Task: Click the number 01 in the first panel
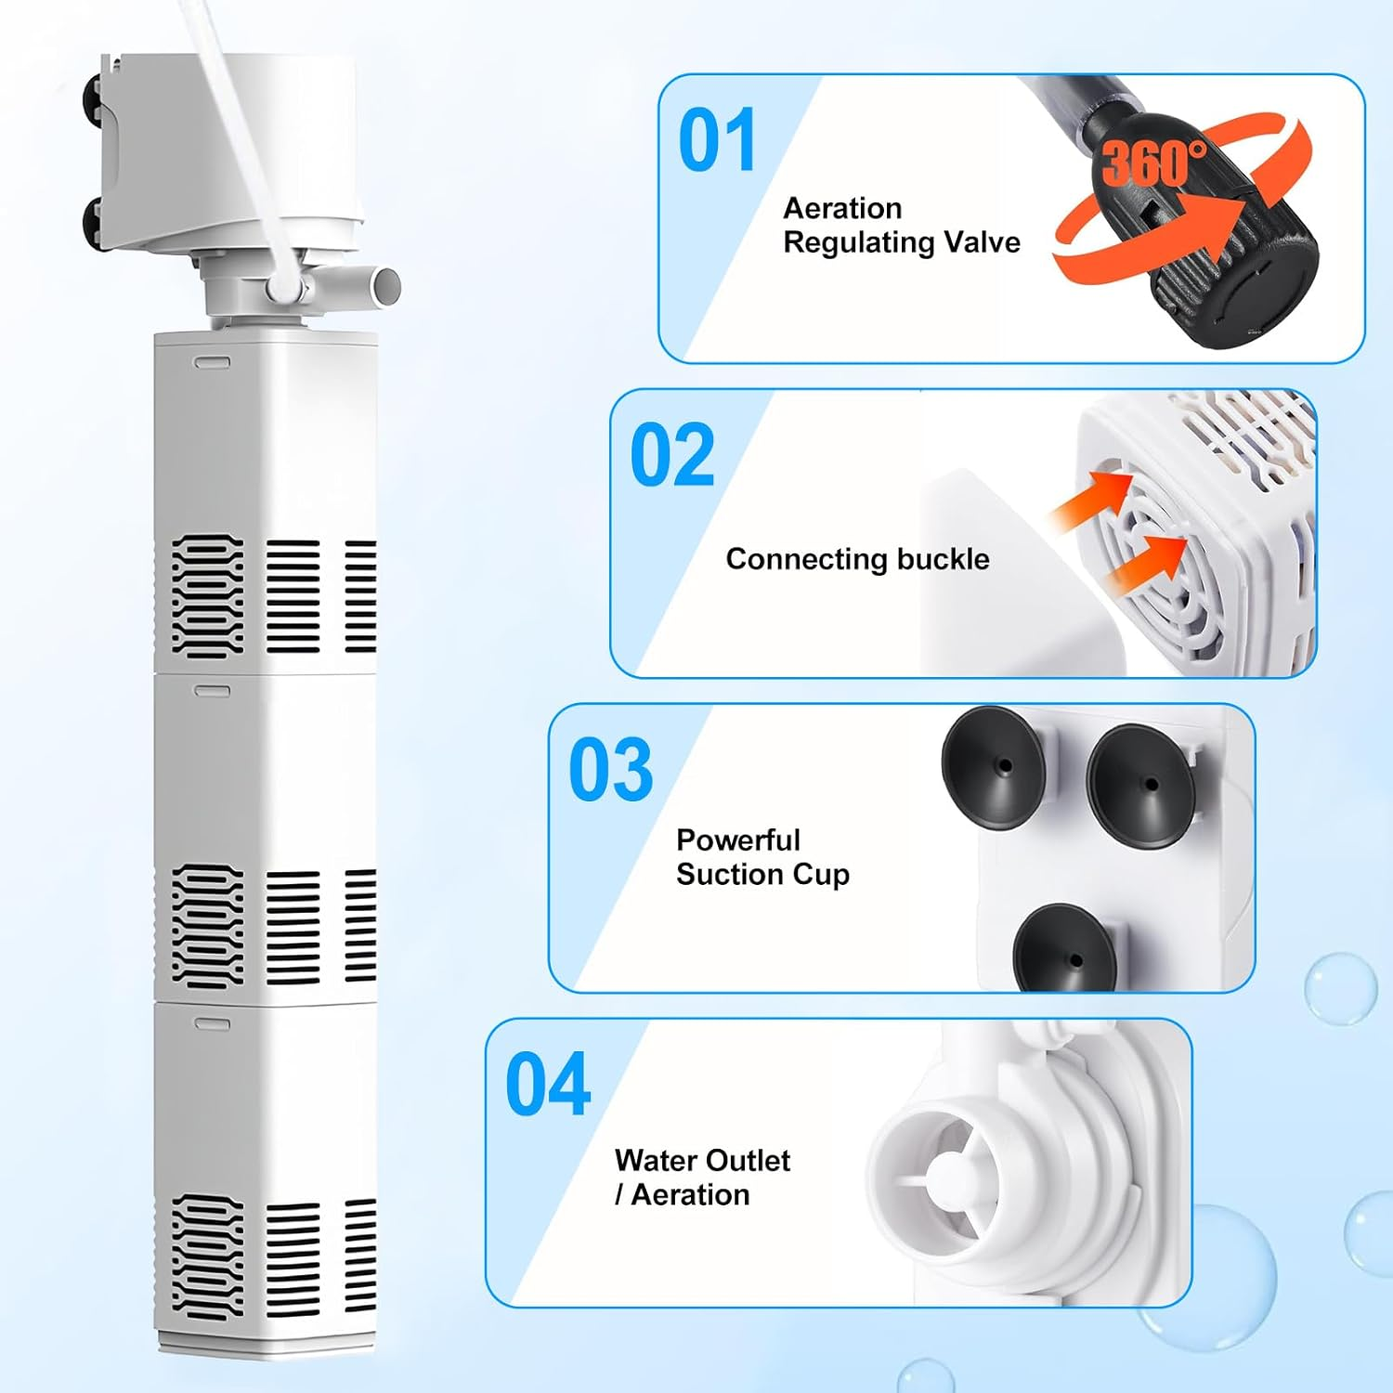(717, 140)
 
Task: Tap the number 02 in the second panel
(672, 455)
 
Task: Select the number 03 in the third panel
(611, 770)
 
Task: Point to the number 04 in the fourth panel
(548, 1085)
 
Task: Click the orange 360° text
(1154, 163)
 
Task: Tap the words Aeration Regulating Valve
(901, 225)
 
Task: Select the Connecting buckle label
(857, 559)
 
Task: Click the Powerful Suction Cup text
(762, 857)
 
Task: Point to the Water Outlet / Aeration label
(702, 1178)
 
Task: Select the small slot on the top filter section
(211, 362)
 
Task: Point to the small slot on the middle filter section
(211, 691)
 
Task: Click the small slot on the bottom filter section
(211, 1022)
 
